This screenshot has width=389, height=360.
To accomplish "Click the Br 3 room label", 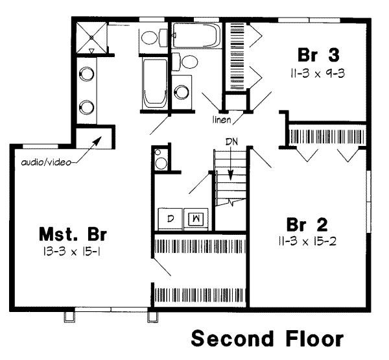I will click(318, 53).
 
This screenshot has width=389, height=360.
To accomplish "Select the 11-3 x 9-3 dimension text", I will click(318, 73).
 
